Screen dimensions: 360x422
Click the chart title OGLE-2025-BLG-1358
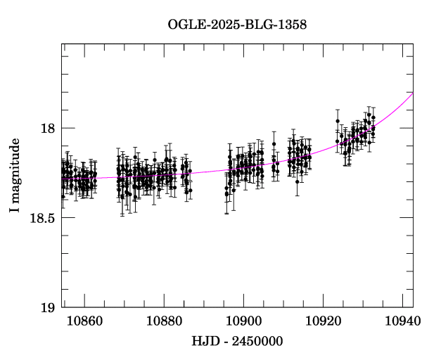tap(237, 25)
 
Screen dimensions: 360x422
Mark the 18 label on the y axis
tap(48, 129)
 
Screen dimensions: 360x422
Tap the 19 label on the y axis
tap(48, 308)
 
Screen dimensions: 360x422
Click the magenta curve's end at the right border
tap(413, 94)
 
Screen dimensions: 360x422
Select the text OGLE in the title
tap(184, 25)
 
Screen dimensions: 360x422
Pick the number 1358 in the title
tap(291, 25)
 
